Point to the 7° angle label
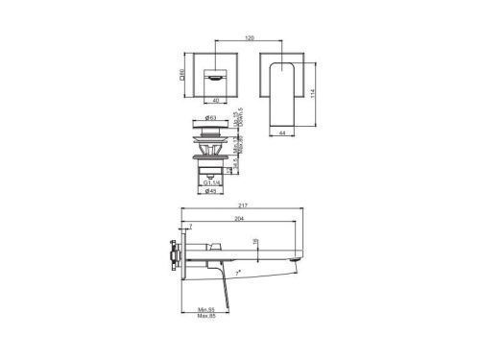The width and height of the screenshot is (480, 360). [238, 273]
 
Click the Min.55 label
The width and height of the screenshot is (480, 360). [204, 308]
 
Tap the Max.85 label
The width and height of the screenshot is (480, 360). [204, 316]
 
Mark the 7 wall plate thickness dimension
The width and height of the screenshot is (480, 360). [189, 226]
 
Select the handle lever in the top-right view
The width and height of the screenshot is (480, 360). [284, 96]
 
